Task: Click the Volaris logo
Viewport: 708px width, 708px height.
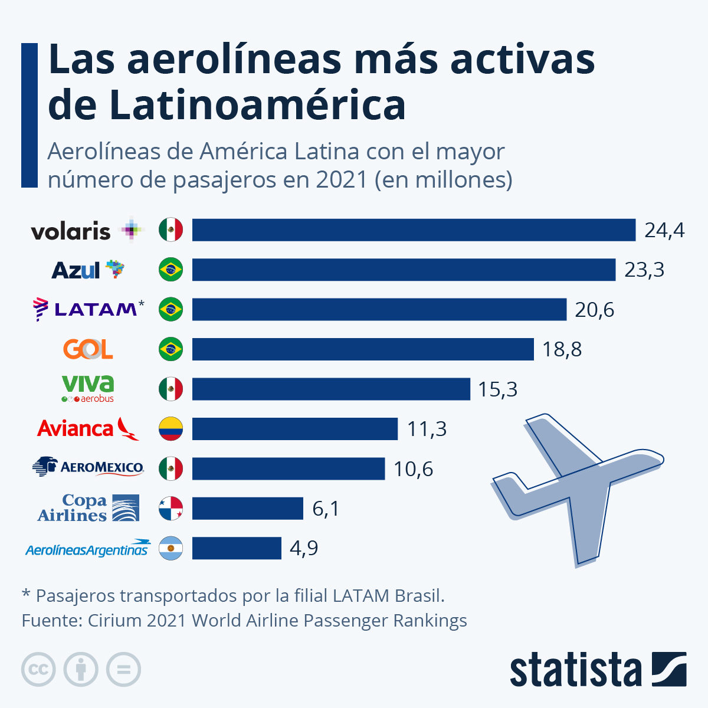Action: [87, 231]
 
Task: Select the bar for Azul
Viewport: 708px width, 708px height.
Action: [404, 270]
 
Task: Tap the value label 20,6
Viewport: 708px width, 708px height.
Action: [594, 310]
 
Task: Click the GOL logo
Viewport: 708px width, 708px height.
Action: [88, 349]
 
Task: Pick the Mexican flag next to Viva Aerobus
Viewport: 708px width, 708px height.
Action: [171, 389]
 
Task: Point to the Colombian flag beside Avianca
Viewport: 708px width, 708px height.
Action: [171, 429]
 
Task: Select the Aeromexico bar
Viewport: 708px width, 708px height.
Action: [288, 469]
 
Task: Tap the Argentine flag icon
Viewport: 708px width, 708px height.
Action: [171, 549]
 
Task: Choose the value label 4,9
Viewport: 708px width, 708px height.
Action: [304, 549]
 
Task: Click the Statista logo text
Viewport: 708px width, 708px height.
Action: [575, 670]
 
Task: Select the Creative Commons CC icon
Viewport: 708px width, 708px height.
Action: [38, 670]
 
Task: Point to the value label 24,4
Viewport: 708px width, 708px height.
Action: [664, 230]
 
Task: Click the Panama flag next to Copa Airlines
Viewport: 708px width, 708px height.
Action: [171, 509]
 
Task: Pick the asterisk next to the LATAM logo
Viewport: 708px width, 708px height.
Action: [141, 304]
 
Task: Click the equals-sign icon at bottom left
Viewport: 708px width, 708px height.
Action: [123, 670]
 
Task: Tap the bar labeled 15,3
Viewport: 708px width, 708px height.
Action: [330, 389]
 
